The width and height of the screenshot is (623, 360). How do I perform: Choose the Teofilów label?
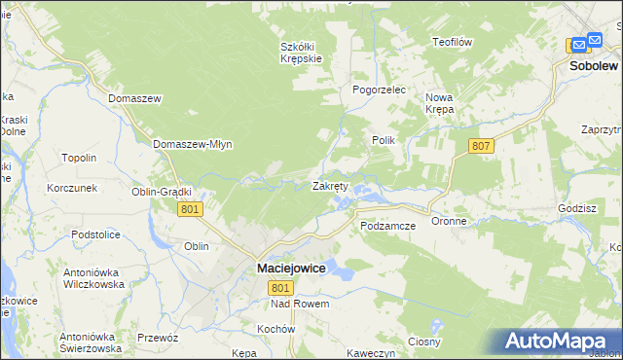452,42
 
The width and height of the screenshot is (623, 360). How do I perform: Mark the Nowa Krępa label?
440,103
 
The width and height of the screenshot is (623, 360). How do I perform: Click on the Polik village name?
383,140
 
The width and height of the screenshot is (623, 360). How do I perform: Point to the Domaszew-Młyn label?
192,144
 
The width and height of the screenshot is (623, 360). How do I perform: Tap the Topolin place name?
79,158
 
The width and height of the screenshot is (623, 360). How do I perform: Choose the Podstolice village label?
94,234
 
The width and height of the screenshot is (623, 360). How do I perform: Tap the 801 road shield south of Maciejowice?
281,288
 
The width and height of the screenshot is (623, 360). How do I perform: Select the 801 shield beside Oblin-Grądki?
191,209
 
